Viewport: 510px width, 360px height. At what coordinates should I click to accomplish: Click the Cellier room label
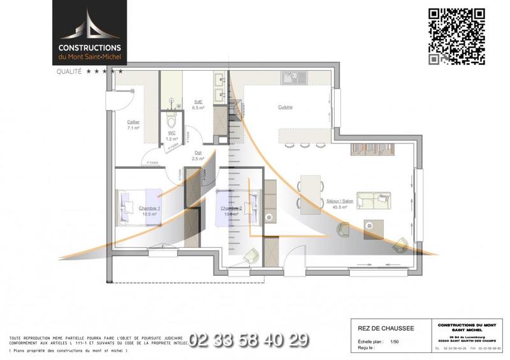(x=133, y=125)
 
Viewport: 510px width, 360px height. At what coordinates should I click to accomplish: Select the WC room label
(x=171, y=135)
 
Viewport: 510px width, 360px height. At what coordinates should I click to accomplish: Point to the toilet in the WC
(x=170, y=119)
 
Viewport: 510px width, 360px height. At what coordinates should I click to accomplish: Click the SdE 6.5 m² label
(x=198, y=105)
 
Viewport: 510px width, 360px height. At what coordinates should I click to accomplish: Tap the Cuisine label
(x=285, y=107)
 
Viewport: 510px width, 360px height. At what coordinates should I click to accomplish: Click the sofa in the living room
(x=373, y=199)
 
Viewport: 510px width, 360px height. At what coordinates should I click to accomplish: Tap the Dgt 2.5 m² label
(x=199, y=155)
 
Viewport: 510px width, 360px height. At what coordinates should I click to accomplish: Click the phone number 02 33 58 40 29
(x=249, y=340)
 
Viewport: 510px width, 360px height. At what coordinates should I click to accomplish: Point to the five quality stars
(x=105, y=72)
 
